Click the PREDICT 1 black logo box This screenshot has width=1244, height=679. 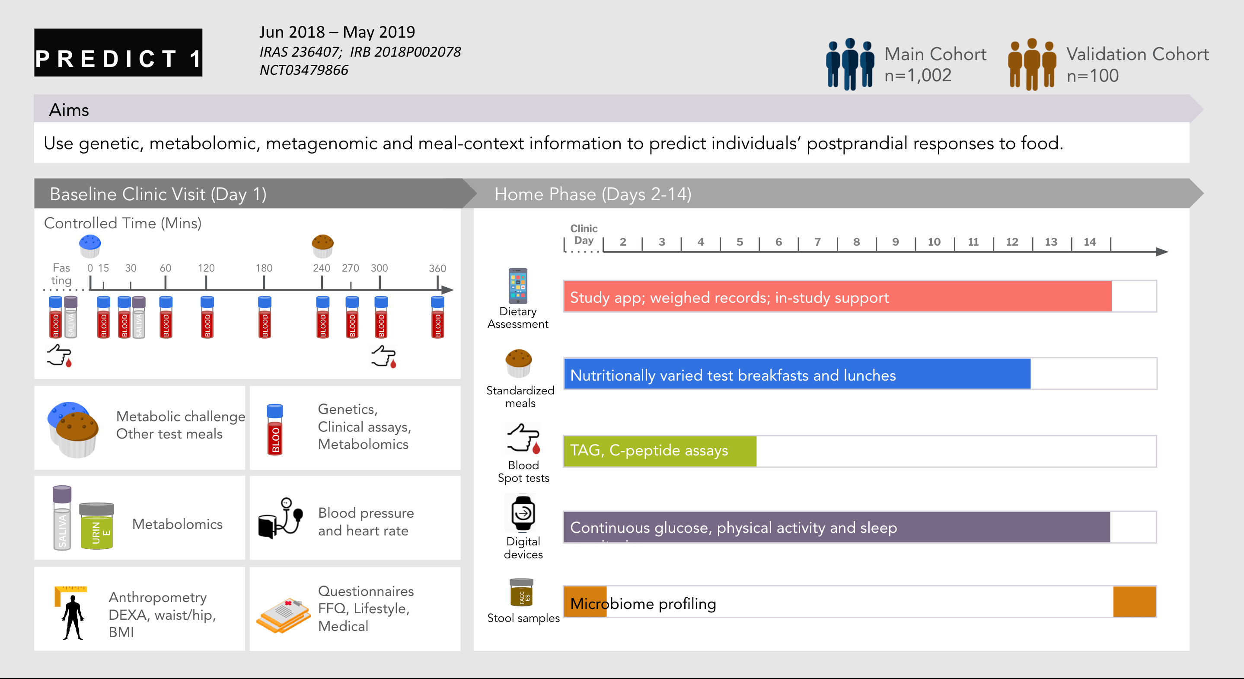click(x=118, y=53)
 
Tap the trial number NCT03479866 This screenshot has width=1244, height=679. click(x=304, y=70)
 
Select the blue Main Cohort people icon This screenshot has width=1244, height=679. click(x=849, y=64)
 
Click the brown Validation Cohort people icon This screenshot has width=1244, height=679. click(x=1031, y=64)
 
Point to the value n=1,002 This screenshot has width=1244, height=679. click(x=918, y=76)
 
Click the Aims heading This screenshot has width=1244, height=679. click(x=69, y=110)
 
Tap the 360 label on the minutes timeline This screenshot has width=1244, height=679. click(x=437, y=268)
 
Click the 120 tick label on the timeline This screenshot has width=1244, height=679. click(x=206, y=268)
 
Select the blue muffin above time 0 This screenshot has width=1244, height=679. click(x=90, y=246)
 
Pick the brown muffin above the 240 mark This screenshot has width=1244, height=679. click(x=322, y=246)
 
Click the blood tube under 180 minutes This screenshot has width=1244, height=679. click(x=265, y=317)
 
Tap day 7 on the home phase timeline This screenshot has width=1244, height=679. click(x=817, y=242)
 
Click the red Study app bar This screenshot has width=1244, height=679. click(x=837, y=297)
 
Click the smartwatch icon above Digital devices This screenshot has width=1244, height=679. click(x=523, y=513)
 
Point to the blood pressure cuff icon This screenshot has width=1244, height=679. click(x=280, y=519)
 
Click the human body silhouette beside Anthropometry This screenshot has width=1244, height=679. click(x=73, y=617)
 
